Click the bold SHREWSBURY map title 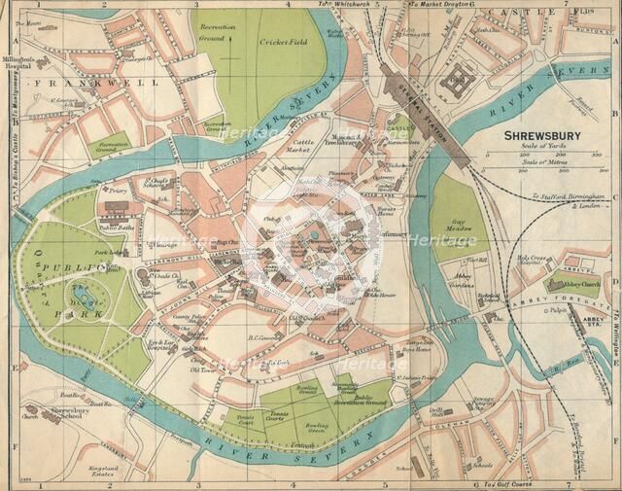pyautogui.click(x=544, y=136)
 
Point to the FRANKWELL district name pyautogui.click(x=58, y=86)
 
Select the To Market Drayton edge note pyautogui.click(x=436, y=5)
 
